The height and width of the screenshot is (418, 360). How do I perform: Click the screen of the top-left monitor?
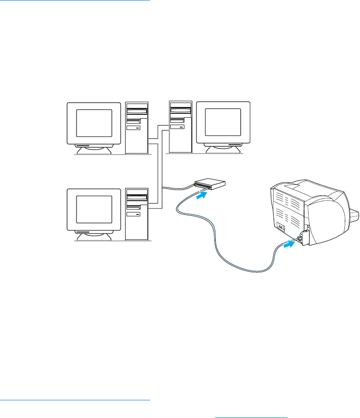point(94,123)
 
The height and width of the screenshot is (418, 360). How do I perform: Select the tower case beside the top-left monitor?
point(136,128)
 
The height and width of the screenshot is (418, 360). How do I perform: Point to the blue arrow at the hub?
point(201,195)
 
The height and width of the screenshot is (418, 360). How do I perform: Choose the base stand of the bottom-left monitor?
point(94,235)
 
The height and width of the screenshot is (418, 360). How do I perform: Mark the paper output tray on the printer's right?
point(354,215)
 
